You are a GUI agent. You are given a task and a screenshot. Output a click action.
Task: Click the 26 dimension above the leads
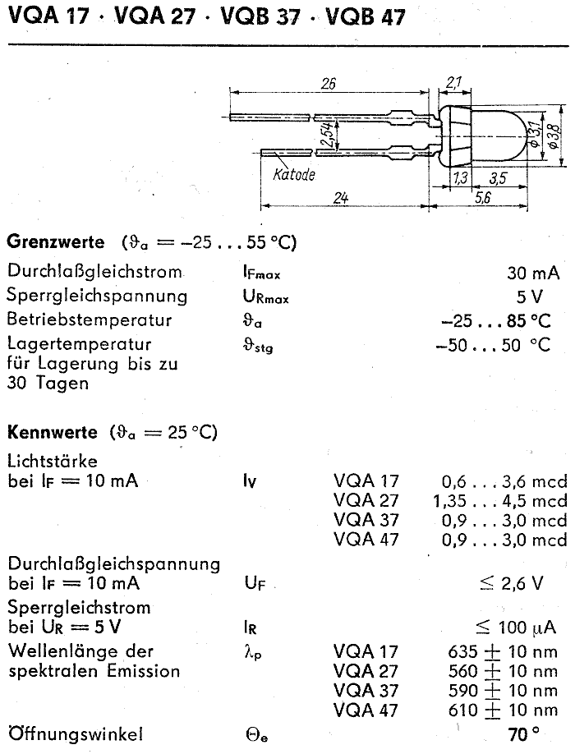(x=329, y=84)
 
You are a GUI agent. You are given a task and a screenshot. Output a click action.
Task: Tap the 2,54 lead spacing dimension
(x=327, y=133)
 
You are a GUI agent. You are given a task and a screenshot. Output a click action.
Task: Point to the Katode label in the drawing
(x=294, y=174)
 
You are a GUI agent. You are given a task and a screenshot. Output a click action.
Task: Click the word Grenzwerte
(x=54, y=242)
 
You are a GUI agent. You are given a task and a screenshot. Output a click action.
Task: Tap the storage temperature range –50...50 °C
(x=493, y=345)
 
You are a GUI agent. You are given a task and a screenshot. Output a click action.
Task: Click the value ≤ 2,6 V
(x=511, y=583)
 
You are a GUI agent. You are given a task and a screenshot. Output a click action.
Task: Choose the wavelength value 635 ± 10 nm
(x=503, y=651)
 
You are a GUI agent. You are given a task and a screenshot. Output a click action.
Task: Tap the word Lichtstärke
(x=53, y=462)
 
